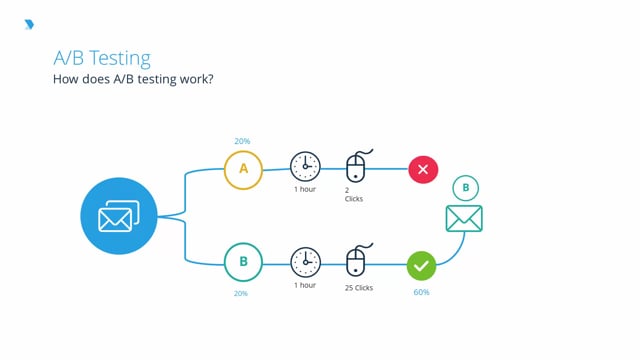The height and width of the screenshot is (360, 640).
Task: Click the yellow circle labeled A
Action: [x=243, y=169]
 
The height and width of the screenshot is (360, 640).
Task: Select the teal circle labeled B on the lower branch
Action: [x=243, y=263]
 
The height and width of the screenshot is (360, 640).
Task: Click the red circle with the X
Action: [x=422, y=169]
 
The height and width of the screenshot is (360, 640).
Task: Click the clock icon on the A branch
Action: [x=305, y=167]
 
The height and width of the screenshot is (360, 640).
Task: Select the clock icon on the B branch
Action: [x=305, y=262]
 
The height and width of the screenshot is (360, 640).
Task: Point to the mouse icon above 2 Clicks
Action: [x=356, y=166]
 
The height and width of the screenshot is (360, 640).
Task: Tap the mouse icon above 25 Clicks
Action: [x=356, y=261]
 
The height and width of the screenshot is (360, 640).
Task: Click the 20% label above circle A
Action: [x=243, y=141]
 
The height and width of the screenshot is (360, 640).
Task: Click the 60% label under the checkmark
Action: [x=421, y=293]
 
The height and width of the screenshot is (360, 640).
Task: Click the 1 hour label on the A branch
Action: [x=306, y=190]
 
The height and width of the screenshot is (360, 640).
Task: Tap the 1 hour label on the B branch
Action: [x=305, y=285]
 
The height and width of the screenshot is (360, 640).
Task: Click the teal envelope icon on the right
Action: [x=464, y=218]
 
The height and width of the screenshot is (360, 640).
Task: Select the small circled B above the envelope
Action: [x=464, y=188]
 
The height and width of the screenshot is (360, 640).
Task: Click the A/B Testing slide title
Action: [x=102, y=59]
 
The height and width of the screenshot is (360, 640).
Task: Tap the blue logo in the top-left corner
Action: [x=28, y=24]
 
